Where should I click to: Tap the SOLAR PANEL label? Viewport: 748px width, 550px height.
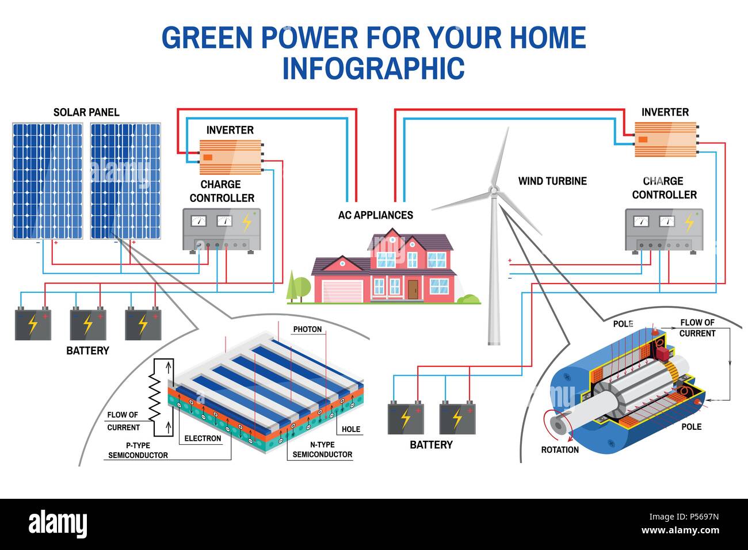pos(86,112)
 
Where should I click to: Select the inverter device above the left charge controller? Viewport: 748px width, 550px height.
pos(230,157)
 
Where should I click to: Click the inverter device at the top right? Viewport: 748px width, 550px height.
pos(665,139)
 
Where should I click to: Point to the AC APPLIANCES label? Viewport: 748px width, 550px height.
pos(375,215)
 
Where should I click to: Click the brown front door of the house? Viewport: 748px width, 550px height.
pos(413,289)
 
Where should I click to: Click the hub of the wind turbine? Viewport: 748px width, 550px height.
pos(493,190)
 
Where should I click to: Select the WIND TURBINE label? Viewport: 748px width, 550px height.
pos(552,181)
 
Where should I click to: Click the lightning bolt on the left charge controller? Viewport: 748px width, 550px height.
pos(247,223)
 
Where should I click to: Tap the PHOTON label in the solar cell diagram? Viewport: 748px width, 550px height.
pos(307,330)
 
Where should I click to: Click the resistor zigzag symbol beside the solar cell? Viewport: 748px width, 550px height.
pos(154,396)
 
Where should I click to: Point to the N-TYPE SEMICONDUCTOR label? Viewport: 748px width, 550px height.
pos(322,449)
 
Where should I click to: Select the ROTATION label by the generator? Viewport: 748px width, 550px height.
pos(560,450)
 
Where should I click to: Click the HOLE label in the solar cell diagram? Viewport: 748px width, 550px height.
pos(350,429)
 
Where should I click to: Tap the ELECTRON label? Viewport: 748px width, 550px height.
pos(203,438)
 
